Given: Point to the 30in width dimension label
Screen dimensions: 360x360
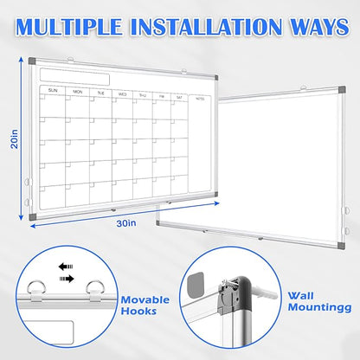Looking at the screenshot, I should pyautogui.click(x=125, y=222).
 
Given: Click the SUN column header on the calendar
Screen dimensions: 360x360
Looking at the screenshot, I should pyautogui.click(x=53, y=89).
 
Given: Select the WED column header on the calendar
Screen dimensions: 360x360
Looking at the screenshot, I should pyautogui.click(x=122, y=93).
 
